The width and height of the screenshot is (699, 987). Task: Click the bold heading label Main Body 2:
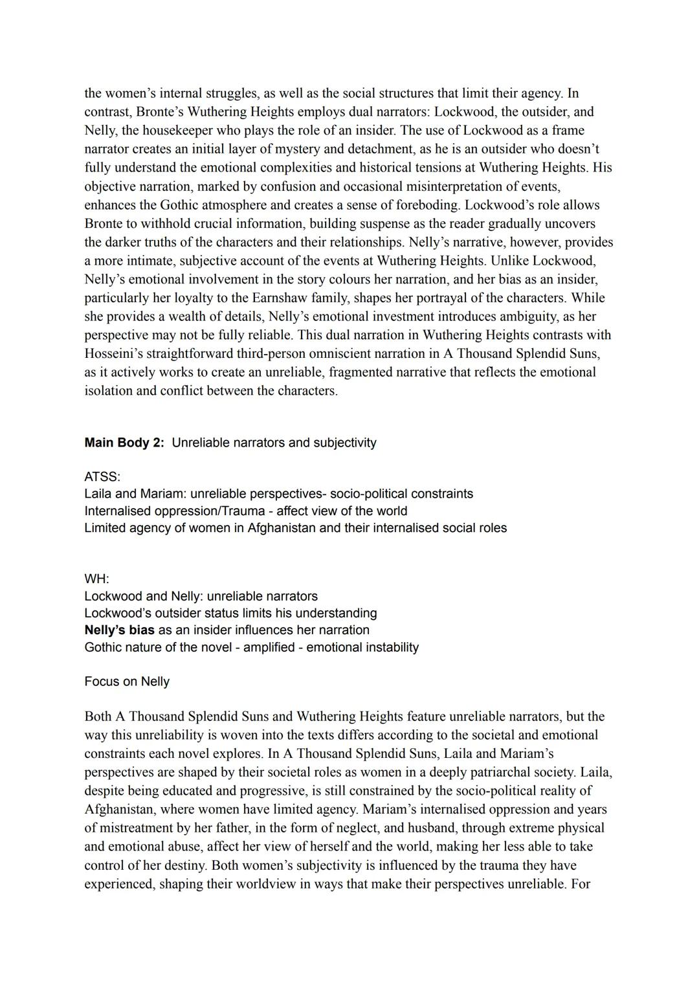pos(124,443)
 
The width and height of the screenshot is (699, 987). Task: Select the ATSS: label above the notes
pos(102,476)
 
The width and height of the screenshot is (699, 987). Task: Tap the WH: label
pos(97,579)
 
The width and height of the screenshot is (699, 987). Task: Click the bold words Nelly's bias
pos(119,630)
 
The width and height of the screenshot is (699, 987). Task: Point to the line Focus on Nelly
pos(127,682)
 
